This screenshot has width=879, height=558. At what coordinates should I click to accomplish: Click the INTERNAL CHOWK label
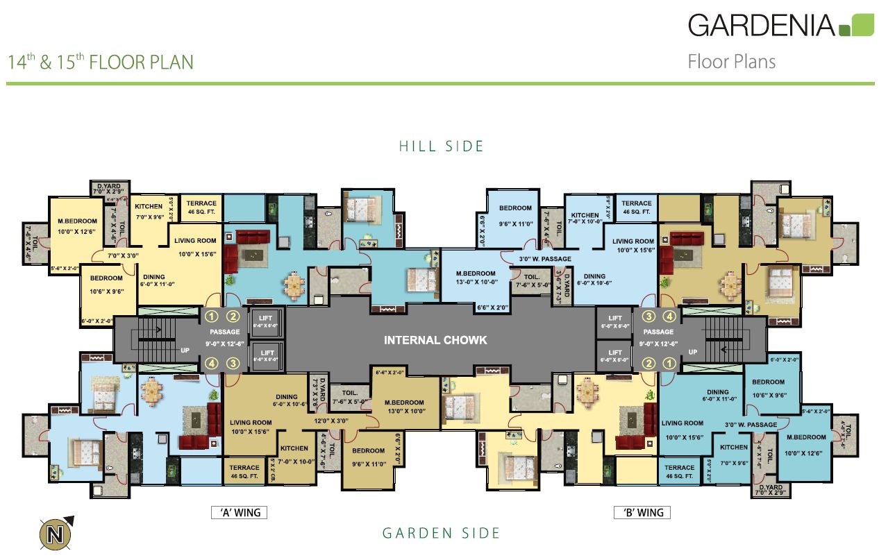[435, 340]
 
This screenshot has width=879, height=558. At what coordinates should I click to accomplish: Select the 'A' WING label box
[240, 513]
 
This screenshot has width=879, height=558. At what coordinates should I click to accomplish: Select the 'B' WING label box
[642, 513]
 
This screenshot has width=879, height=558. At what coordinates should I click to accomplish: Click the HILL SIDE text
[441, 146]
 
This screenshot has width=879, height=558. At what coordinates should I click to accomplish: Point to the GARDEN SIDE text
[441, 533]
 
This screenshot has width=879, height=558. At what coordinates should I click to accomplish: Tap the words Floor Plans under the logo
[731, 62]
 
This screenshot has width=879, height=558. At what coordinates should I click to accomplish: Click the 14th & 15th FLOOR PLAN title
[101, 62]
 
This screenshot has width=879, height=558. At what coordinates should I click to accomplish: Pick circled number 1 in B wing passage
[669, 363]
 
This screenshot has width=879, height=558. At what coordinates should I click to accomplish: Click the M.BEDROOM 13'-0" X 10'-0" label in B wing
[476, 278]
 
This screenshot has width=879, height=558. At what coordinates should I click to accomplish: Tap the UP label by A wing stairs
[185, 351]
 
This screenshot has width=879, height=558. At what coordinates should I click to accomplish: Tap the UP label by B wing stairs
[692, 353]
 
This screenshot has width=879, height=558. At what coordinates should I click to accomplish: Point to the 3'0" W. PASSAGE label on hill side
[545, 259]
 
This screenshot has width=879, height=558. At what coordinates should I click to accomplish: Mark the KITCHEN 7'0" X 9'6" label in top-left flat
[149, 211]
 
